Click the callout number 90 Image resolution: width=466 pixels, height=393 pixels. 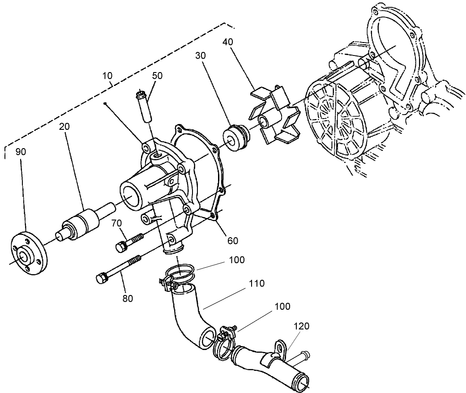tap(21, 151)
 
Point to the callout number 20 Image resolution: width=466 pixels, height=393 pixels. tap(65, 127)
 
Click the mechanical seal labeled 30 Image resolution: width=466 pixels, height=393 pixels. tap(235, 137)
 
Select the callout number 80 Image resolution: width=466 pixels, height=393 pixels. tap(128, 299)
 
